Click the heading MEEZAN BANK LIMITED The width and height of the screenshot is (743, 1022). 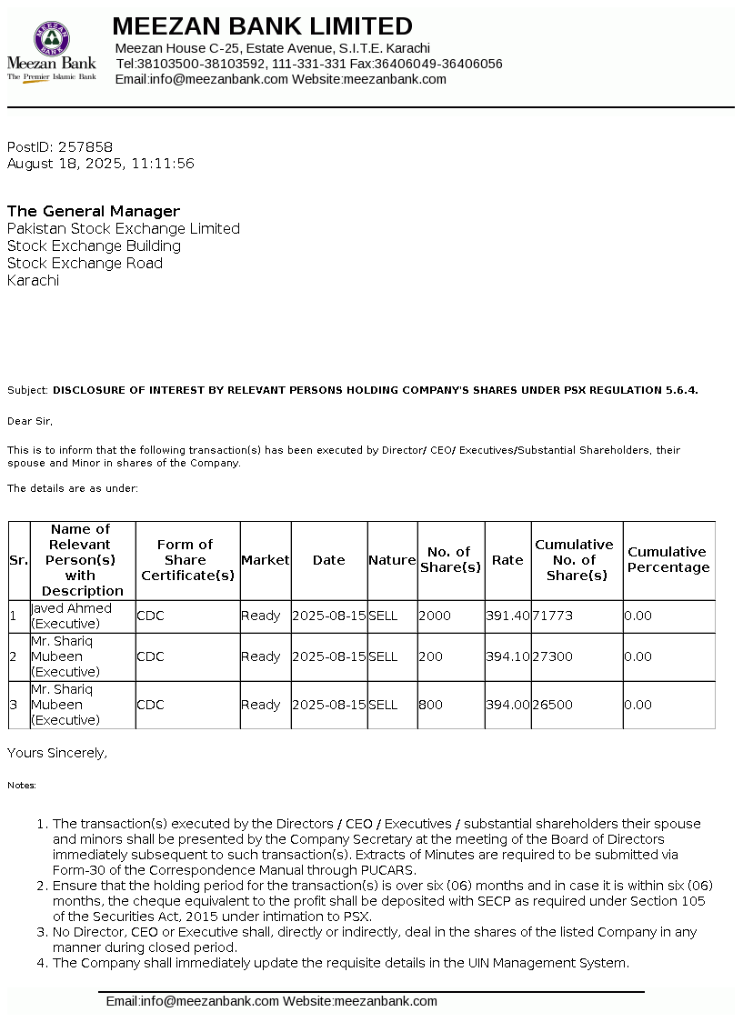[262, 25]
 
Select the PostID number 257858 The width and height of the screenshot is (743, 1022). [85, 147]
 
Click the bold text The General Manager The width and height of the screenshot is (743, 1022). [94, 211]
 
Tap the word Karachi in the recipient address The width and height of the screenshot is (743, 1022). [33, 281]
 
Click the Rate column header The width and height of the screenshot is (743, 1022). [507, 560]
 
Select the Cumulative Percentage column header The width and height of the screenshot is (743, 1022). [668, 560]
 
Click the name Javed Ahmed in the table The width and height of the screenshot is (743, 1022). [71, 608]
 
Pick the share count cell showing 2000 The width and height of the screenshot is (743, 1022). [435, 616]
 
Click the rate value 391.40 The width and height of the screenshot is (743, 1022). [507, 616]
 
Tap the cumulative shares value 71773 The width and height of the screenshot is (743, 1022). [553, 616]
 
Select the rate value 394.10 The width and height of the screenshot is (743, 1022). [507, 656]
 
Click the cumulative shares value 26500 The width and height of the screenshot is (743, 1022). [553, 705]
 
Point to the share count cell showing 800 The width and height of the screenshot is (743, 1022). [429, 705]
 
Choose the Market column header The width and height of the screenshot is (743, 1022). [265, 560]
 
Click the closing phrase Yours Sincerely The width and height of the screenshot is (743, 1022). [57, 753]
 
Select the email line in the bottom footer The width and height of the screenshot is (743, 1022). [271, 1001]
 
